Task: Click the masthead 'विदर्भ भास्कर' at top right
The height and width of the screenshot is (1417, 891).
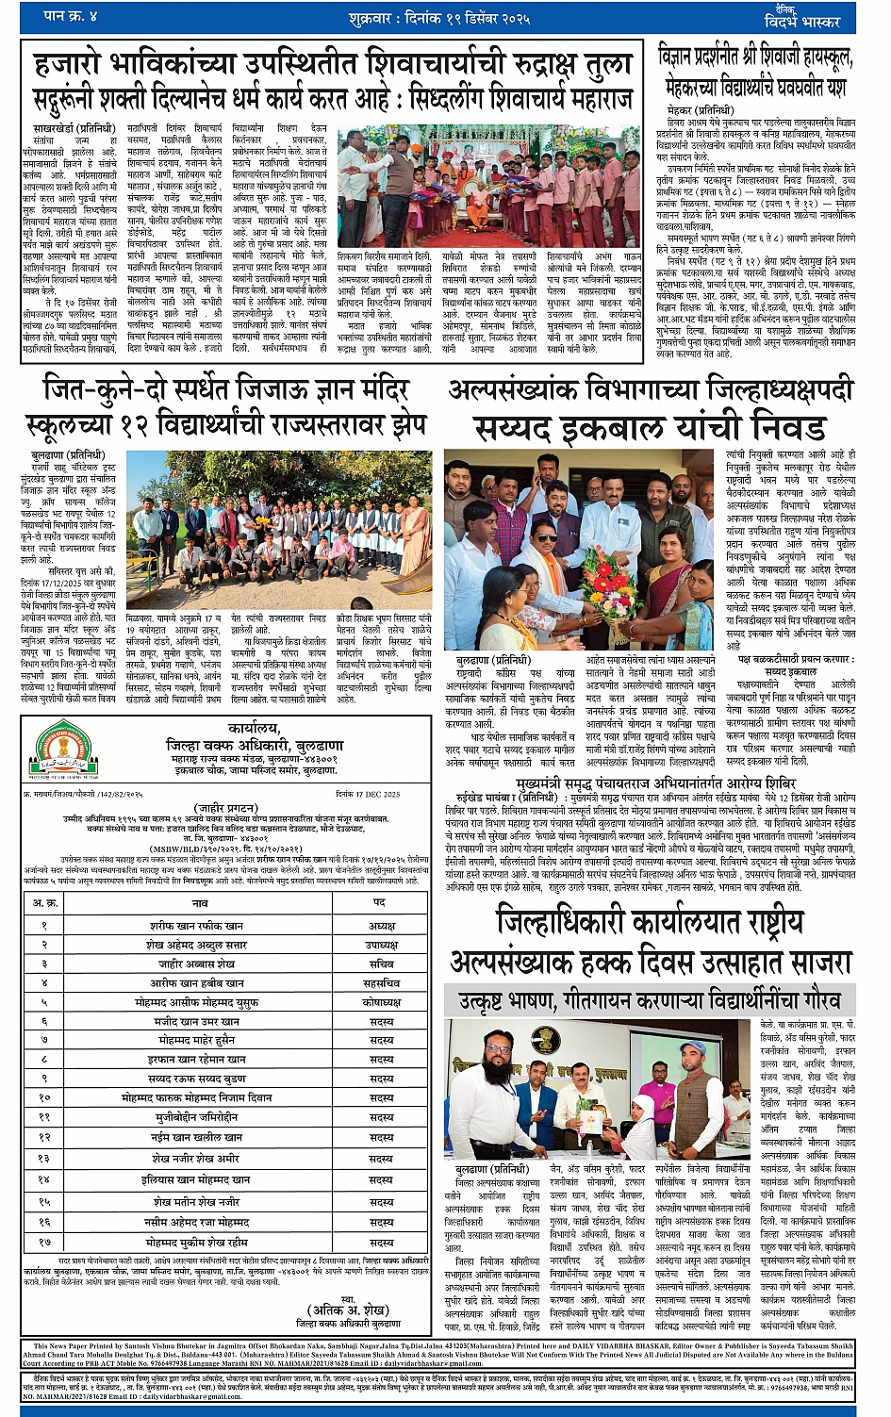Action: click(x=800, y=20)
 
